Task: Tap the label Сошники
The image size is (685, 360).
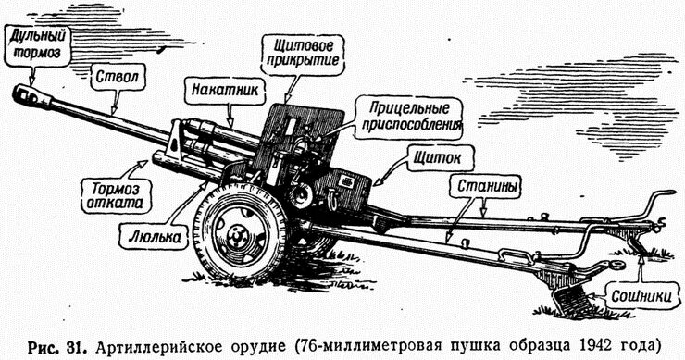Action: click(635, 296)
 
